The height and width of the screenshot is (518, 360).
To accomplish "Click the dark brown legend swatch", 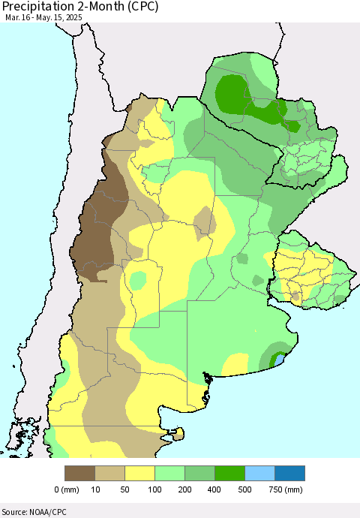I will tap(80, 473).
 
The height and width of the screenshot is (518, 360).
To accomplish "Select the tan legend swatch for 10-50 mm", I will tap(110, 473).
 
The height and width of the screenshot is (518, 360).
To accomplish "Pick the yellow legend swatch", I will tap(140, 473).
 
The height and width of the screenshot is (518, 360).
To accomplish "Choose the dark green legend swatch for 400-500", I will tap(230, 473).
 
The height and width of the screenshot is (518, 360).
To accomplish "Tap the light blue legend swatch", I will tap(260, 473).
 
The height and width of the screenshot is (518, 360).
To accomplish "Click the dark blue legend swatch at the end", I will tap(290, 473).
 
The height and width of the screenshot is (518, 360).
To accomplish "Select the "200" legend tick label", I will tap(185, 489).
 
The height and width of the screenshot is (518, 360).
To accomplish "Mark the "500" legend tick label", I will tap(245, 489).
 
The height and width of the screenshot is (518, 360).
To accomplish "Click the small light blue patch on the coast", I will tap(280, 361).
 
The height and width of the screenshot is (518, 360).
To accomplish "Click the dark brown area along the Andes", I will tap(94, 225).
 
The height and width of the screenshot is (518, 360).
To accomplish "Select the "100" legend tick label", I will tap(155, 489).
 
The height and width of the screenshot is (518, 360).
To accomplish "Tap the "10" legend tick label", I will tap(95, 489).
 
